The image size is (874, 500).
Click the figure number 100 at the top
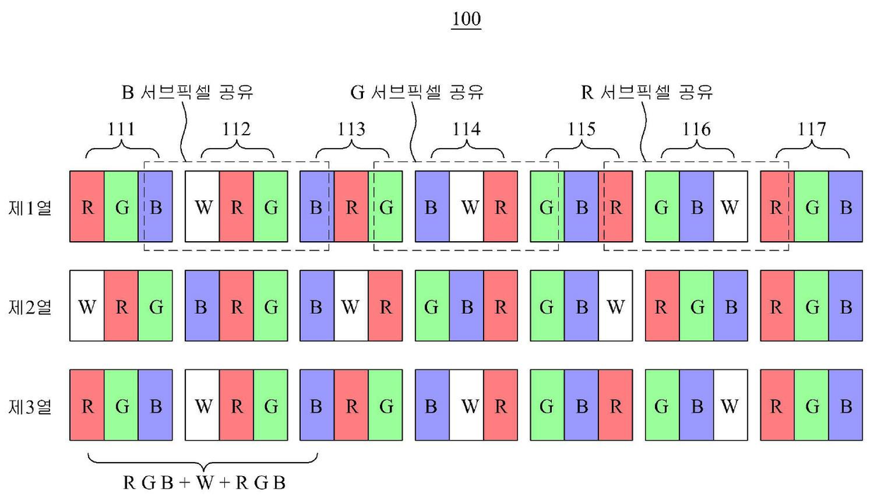pos(467,19)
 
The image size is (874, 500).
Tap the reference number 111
pos(121,129)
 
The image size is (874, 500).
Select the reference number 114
pos(467,129)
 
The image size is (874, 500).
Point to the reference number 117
pos(812,129)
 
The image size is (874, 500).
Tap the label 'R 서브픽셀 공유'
pos(647,92)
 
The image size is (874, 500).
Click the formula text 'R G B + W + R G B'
pos(204,484)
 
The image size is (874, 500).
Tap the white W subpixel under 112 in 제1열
pos(202,207)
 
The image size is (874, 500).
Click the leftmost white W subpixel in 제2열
pos(87,307)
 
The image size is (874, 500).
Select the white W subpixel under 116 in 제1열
pos(730,207)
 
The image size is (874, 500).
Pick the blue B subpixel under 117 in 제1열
pos(846,207)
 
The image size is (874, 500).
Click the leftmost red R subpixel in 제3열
pos(87,406)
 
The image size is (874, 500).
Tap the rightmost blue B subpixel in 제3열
pos(846,406)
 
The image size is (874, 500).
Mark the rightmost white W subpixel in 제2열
pos(615,307)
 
